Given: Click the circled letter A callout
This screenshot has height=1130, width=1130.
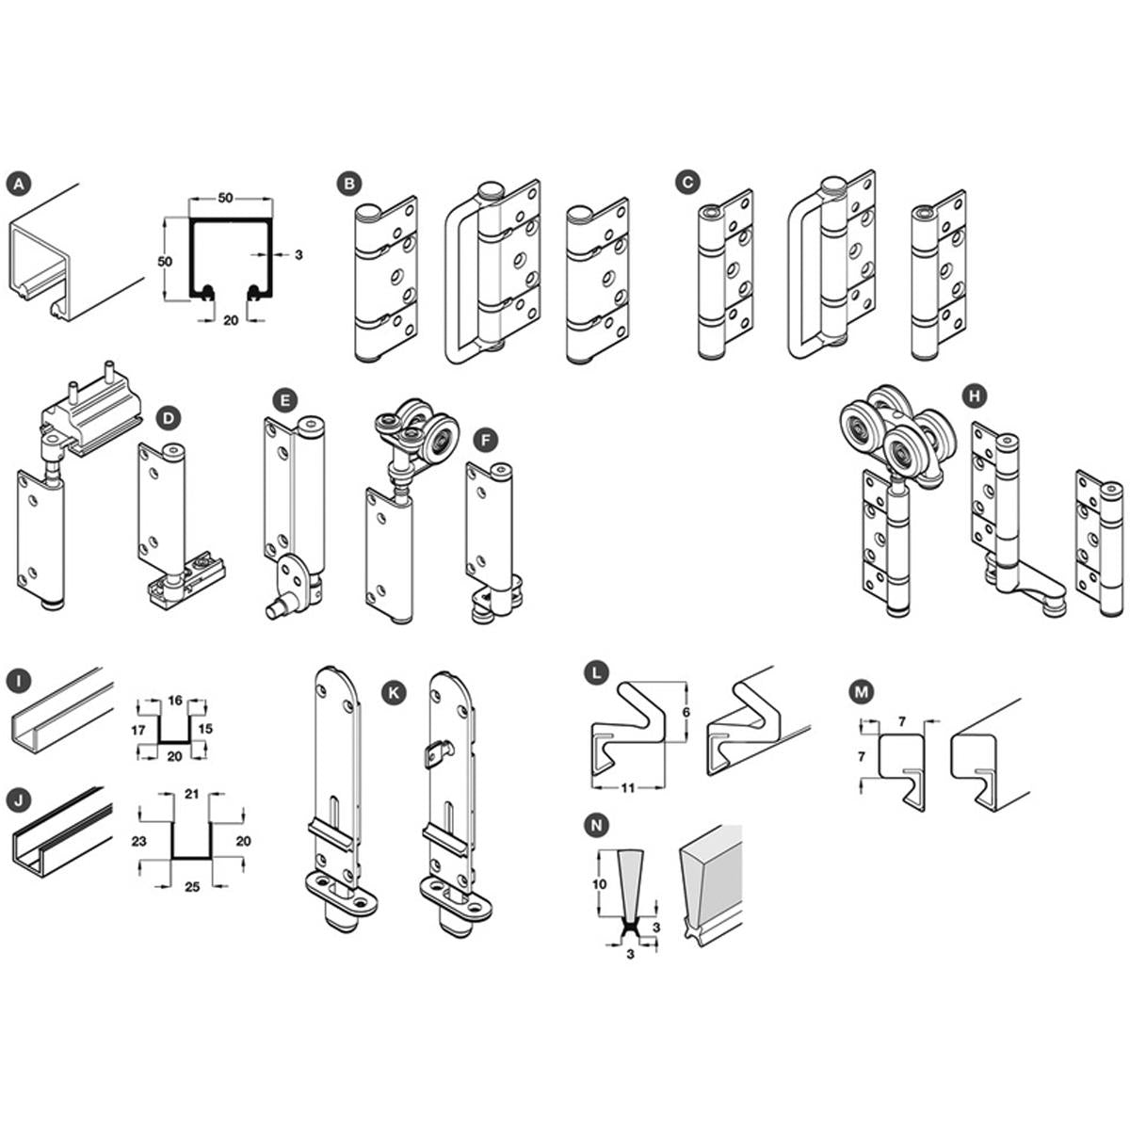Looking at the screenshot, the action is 19,185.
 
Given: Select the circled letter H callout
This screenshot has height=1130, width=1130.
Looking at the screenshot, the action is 975,396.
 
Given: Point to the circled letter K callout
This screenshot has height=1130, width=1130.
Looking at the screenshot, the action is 394,692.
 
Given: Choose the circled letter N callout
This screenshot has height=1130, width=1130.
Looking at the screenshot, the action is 597,826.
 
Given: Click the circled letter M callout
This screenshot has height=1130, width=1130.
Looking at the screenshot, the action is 861,692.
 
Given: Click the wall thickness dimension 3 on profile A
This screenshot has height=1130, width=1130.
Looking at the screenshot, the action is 298,254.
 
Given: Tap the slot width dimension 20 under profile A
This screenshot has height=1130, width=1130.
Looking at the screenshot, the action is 231,320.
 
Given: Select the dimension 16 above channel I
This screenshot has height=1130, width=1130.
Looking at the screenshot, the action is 175,700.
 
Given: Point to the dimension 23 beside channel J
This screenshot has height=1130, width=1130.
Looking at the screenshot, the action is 138,842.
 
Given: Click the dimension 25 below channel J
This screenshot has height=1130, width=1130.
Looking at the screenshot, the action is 192,887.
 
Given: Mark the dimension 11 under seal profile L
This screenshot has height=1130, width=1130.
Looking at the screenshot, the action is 628,787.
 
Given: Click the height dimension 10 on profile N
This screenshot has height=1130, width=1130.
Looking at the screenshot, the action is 599,884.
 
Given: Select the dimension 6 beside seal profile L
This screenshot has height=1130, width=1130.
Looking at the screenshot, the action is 686,712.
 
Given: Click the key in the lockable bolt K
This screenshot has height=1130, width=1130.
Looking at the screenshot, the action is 436,752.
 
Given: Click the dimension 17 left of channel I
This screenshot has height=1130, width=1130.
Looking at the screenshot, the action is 138,730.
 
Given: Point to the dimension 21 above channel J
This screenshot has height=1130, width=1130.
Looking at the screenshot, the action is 192,794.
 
